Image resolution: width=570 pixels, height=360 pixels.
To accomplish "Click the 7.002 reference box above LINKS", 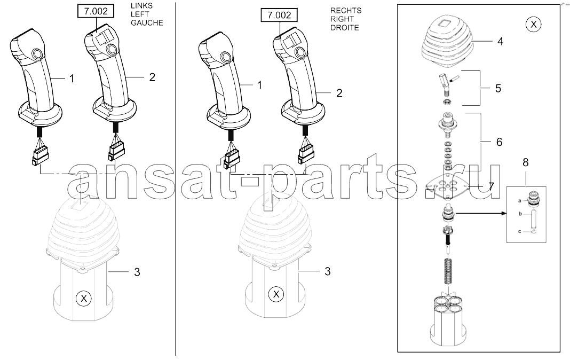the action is pos(96,11).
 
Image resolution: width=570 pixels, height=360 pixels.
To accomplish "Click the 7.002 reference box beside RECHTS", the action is pos(279,15).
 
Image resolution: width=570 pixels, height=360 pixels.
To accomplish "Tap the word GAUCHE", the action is pos(147,23).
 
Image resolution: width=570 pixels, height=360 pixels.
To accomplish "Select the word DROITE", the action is pos(345,28).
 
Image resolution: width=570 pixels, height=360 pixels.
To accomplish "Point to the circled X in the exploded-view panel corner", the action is pos(533,25).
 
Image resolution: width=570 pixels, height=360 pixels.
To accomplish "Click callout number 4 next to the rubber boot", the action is pos(500,42).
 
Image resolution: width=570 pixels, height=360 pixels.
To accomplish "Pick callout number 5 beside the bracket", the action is pos(498,88).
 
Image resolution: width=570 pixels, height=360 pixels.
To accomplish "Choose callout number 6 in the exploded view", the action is pos(499,142).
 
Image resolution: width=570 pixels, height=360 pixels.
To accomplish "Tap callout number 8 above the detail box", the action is pos(525,162).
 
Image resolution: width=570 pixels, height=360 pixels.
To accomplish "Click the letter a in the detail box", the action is pos(519,200).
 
